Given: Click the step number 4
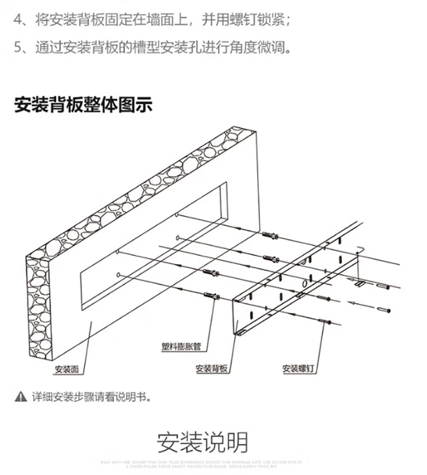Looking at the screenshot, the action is tap(18, 21).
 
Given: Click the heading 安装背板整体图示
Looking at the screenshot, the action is tap(83, 104).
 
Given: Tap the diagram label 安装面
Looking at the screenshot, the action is tap(66, 370).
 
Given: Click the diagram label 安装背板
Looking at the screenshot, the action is tap(211, 369).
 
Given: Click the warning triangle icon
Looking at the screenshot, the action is tap(21, 397).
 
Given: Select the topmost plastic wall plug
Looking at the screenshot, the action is tap(270, 236).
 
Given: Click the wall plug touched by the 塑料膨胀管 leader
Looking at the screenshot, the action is tap(210, 296).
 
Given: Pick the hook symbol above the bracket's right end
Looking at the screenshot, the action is tap(361, 250).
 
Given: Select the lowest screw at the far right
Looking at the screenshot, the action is tap(385, 310).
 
